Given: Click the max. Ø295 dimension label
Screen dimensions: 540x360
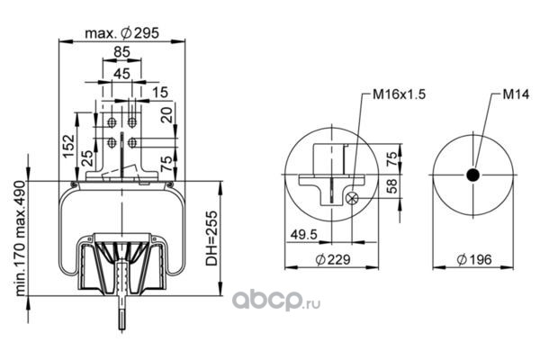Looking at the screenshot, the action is (121, 33).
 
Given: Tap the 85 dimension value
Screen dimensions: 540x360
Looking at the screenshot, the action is (121, 52).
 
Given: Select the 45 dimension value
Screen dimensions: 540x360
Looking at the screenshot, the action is (121, 74).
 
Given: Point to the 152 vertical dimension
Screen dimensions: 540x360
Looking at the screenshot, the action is (68, 146).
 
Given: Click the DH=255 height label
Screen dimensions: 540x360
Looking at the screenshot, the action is (211, 238).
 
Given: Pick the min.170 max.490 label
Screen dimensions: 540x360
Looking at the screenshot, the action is (21, 238).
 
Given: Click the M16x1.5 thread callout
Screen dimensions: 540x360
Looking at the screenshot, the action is (399, 94).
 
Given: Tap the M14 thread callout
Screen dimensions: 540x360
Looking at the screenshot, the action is (516, 94).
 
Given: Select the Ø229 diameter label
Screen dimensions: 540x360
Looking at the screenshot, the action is (333, 259).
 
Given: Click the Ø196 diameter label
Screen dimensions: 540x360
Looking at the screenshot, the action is (474, 259).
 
